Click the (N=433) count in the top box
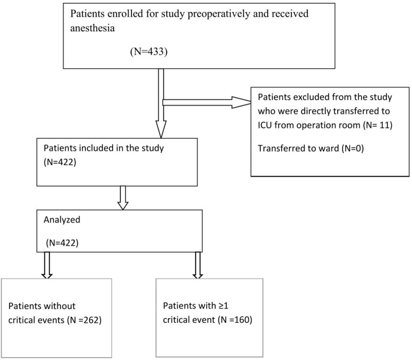pos(149,51)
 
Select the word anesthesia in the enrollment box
pos(92,28)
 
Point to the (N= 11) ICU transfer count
pos(377,125)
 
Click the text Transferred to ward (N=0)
pos(310,148)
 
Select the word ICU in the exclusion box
pos(265,125)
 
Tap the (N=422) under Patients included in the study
pos(60,162)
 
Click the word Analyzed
pos(62,219)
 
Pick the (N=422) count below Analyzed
pos(62,243)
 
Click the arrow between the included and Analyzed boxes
pos(123,198)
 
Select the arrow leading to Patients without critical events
pos(47,265)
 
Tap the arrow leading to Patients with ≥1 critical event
pos(198,265)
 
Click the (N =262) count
pos(84,320)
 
